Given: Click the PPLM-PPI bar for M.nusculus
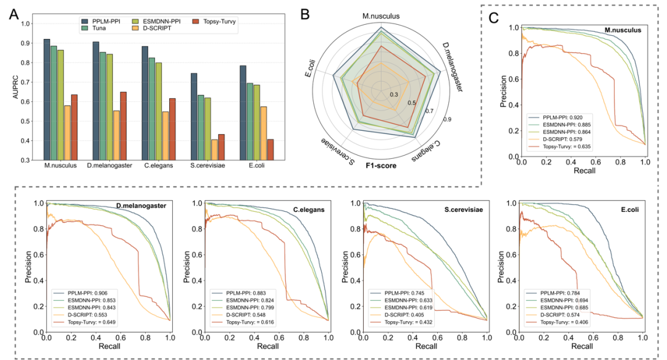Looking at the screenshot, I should pyautogui.click(x=47, y=99).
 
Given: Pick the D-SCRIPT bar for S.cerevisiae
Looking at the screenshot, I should pyautogui.click(x=214, y=149).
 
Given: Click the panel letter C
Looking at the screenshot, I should pyautogui.click(x=493, y=17).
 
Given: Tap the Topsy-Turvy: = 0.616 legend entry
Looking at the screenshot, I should pyautogui.click(x=241, y=322).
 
